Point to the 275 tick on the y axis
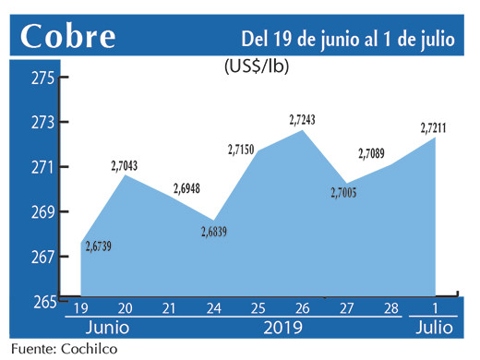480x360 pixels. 43,78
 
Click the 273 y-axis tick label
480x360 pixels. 43,123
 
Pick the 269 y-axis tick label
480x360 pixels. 43,212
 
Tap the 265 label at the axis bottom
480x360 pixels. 43,301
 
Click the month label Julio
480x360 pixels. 434,329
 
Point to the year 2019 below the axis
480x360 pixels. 283,329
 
